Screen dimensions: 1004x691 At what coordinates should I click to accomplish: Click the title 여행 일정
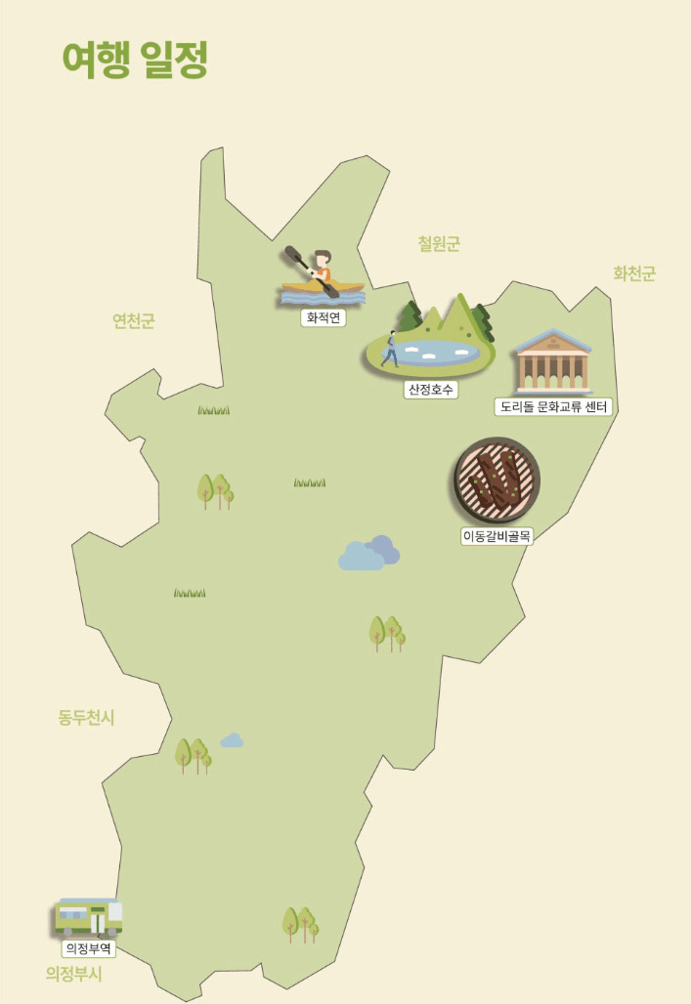135,61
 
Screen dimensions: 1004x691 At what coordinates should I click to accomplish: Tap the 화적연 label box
323,317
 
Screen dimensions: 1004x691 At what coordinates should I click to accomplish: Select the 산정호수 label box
431,389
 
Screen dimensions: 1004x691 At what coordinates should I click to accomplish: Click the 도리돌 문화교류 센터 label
553,405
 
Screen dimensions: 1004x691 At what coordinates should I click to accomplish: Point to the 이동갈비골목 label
497,535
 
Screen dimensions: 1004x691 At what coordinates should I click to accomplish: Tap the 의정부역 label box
89,947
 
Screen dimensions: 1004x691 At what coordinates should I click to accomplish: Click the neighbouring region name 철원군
438,244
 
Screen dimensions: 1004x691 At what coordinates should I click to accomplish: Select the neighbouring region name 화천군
633,273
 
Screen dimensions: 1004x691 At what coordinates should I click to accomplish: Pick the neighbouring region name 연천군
133,320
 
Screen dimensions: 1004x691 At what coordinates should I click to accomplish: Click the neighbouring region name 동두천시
86,718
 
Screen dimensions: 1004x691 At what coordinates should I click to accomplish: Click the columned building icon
553,361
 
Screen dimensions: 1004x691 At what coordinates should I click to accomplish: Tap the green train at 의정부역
88,917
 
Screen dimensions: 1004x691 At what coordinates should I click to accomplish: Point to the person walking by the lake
390,349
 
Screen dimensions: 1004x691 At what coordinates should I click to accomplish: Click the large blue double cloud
368,554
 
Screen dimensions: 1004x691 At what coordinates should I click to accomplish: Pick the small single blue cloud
232,741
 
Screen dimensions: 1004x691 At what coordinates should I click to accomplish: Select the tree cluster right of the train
300,923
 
